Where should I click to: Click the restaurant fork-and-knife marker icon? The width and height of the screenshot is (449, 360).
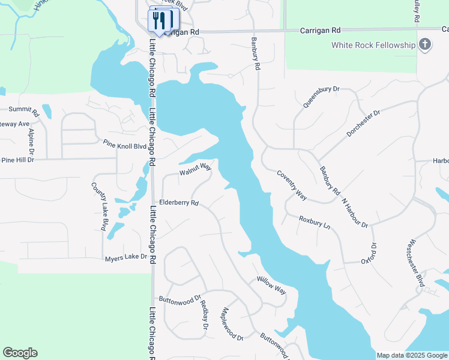(x=158, y=20)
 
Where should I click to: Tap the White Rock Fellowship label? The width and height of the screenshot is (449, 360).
(x=373, y=45)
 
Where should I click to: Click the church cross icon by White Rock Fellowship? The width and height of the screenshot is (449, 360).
(x=425, y=44)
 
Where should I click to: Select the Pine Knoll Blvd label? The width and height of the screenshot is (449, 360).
(x=124, y=145)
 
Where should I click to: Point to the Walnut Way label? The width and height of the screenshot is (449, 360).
(x=195, y=170)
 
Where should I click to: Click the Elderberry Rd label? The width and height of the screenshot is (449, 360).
(x=178, y=203)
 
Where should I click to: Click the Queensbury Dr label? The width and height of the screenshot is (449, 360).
(x=321, y=97)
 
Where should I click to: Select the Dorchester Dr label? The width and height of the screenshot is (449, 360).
(x=364, y=123)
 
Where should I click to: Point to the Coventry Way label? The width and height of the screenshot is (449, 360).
(x=292, y=185)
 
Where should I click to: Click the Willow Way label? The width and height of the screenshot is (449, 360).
(x=271, y=284)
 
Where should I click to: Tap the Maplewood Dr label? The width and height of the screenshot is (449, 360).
(x=232, y=323)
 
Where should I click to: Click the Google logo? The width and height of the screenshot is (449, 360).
(x=20, y=353)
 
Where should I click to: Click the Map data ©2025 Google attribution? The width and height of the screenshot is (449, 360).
(x=411, y=355)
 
